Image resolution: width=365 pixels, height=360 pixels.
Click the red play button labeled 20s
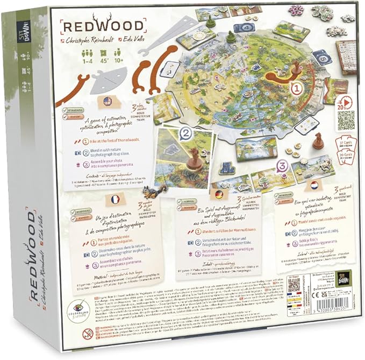(343, 102)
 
